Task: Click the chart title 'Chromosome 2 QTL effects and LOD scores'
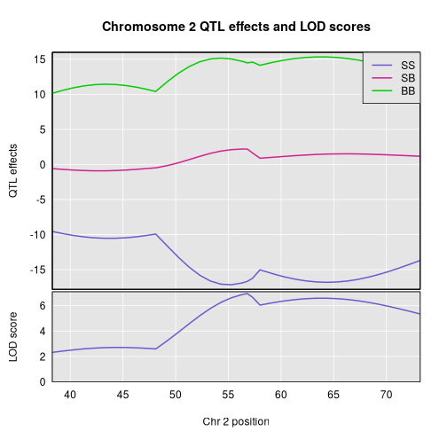point(236,27)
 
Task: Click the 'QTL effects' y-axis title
point(14,170)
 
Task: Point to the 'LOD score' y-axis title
point(14,336)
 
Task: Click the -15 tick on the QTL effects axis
point(37,271)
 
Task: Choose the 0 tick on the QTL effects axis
point(43,165)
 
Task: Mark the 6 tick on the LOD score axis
point(43,306)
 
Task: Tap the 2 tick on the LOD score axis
point(43,357)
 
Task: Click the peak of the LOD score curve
point(246,294)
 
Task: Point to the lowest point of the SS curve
point(229,285)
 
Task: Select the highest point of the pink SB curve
point(246,149)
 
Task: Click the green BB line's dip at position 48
point(156,91)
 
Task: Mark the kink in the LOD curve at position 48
point(156,349)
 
